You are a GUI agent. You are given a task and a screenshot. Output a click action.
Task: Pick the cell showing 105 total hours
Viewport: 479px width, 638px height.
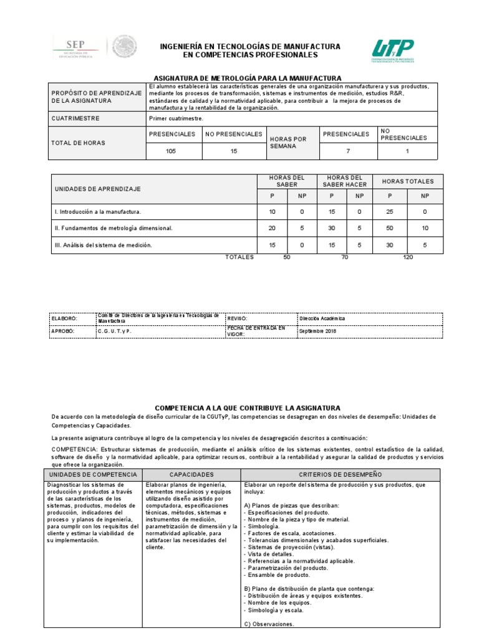click(171, 151)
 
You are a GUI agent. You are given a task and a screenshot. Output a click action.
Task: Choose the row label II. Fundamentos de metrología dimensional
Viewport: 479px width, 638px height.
click(113, 229)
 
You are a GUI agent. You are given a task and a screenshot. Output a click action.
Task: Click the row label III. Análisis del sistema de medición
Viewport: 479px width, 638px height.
click(103, 245)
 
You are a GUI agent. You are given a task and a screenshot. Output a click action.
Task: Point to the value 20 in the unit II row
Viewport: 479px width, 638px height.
click(271, 229)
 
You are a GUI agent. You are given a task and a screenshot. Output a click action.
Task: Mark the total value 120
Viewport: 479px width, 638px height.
click(408, 257)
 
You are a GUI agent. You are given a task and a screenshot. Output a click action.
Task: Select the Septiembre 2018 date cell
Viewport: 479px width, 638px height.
click(317, 331)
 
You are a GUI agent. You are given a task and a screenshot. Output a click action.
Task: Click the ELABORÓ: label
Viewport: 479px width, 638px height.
click(62, 318)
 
